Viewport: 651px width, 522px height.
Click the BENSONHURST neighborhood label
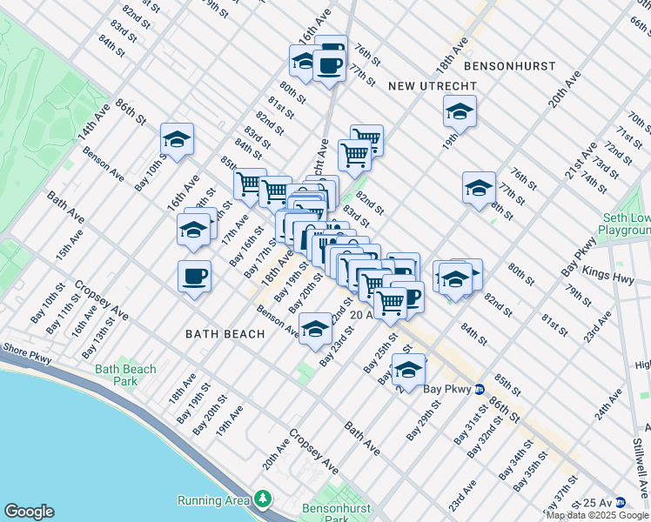click(506, 65)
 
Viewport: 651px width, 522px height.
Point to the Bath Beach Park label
click(126, 375)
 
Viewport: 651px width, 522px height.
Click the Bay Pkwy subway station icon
click(480, 388)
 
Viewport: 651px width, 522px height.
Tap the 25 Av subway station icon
click(620, 502)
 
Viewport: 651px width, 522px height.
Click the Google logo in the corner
click(29, 512)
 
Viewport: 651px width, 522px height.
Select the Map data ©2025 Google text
click(597, 515)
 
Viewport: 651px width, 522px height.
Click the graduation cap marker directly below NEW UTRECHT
click(460, 111)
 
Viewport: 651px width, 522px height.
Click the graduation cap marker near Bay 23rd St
click(315, 329)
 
